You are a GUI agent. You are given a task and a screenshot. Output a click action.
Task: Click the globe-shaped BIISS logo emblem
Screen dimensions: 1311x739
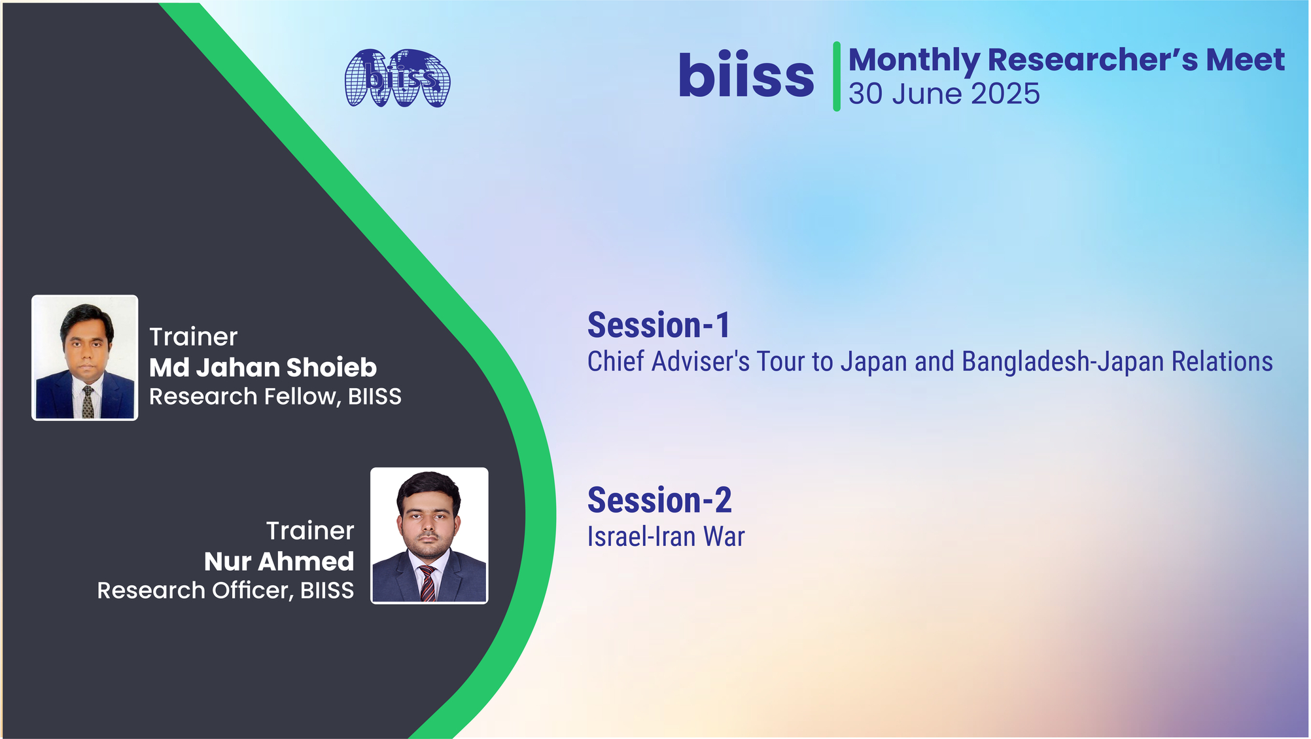coord(398,78)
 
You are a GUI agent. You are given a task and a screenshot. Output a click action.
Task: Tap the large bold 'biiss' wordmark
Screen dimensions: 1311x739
coord(746,76)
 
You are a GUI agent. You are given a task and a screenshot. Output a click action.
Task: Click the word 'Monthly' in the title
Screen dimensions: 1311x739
coord(914,60)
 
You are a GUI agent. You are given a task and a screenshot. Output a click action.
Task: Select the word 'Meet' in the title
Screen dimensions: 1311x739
coord(1246,60)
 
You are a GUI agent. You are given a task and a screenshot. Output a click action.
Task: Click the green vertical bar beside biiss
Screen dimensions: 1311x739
coord(837,76)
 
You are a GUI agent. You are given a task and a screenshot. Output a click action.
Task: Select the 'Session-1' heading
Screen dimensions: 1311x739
coord(659,325)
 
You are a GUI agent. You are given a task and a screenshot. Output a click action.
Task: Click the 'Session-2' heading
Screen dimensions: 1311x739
coord(659,500)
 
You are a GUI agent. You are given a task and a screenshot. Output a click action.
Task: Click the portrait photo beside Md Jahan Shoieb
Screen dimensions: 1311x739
coord(85,357)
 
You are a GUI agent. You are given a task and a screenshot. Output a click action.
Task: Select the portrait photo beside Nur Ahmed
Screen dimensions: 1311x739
coord(429,535)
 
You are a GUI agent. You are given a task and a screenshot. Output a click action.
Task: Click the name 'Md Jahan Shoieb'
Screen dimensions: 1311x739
coord(263,367)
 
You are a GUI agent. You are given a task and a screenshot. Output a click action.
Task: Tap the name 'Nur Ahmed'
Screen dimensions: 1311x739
coord(279,561)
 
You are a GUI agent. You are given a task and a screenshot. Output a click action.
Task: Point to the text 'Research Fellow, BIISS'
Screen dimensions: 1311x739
coord(275,397)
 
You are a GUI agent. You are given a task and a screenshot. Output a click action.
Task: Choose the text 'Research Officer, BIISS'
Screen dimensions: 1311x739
coord(226,590)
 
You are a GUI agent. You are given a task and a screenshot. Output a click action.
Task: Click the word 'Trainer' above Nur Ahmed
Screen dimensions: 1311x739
coord(310,531)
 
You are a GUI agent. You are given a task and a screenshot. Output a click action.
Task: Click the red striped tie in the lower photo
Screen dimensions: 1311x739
coord(427,583)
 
